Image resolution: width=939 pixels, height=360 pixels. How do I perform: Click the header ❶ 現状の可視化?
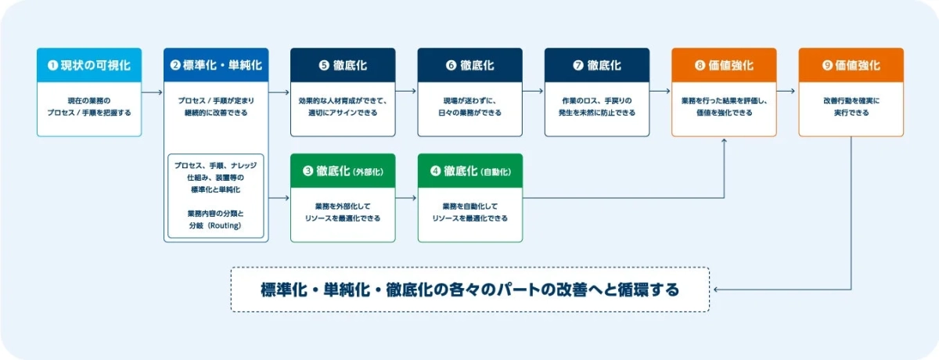pos(88,66)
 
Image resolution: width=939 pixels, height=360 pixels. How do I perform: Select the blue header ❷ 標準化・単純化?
pos(216,66)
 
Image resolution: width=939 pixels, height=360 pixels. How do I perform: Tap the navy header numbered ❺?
pos(343,66)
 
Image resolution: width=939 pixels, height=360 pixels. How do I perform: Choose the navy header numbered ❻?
pos(469,66)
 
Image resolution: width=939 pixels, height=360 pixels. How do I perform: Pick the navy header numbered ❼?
pos(597,66)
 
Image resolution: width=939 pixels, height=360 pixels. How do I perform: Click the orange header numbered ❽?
pos(724,66)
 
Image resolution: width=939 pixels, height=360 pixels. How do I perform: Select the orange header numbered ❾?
pos(851,66)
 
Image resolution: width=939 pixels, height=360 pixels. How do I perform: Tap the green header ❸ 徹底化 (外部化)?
pos(343,171)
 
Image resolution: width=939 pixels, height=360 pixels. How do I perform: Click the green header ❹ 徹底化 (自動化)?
pos(469,171)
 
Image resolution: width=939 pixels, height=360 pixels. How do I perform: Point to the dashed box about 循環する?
pos(469,290)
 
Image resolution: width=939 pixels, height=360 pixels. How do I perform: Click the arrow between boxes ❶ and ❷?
pos(153,92)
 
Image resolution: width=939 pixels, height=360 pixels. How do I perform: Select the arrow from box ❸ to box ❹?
pos(406,198)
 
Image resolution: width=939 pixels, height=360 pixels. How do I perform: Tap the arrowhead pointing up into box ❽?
pos(724,142)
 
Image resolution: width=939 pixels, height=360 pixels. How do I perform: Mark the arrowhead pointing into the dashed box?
pos(716,290)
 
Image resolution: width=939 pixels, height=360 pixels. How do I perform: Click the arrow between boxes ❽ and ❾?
pos(787,92)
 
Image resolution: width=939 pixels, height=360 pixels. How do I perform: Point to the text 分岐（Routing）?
pos(216,225)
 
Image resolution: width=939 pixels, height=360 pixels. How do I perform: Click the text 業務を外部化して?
pos(343,206)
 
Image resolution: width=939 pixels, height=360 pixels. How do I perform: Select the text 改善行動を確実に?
pos(851,101)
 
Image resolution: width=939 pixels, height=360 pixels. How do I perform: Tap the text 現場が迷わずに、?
pos(469,101)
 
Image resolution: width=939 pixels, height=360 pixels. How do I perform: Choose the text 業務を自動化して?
pos(469,206)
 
